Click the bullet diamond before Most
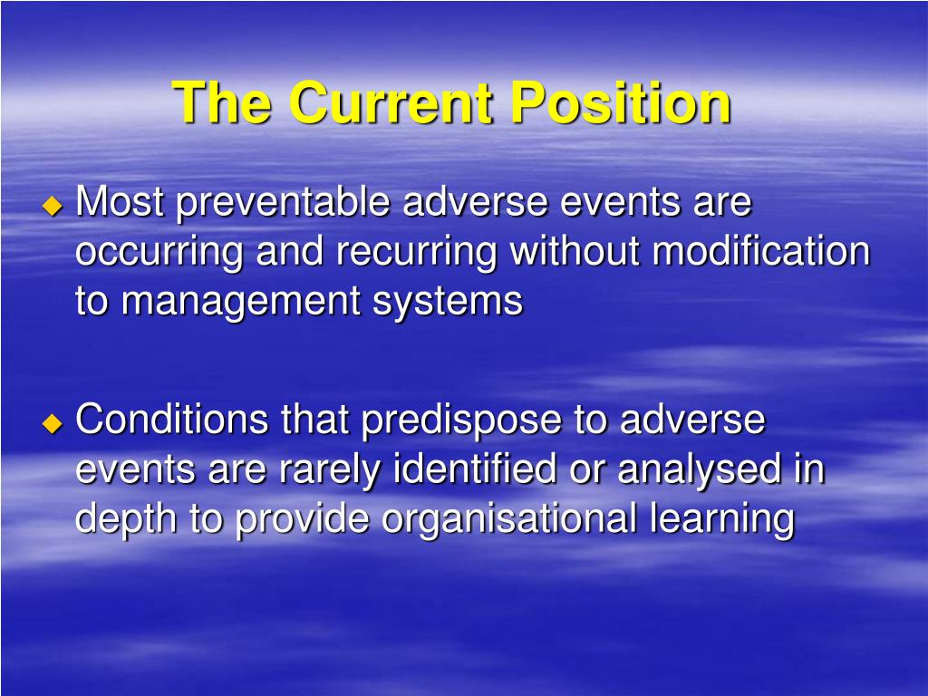(x=53, y=206)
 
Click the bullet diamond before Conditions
(x=53, y=422)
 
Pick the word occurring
(x=159, y=252)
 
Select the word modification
(x=760, y=251)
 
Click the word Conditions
(x=172, y=420)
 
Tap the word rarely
(x=327, y=470)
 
